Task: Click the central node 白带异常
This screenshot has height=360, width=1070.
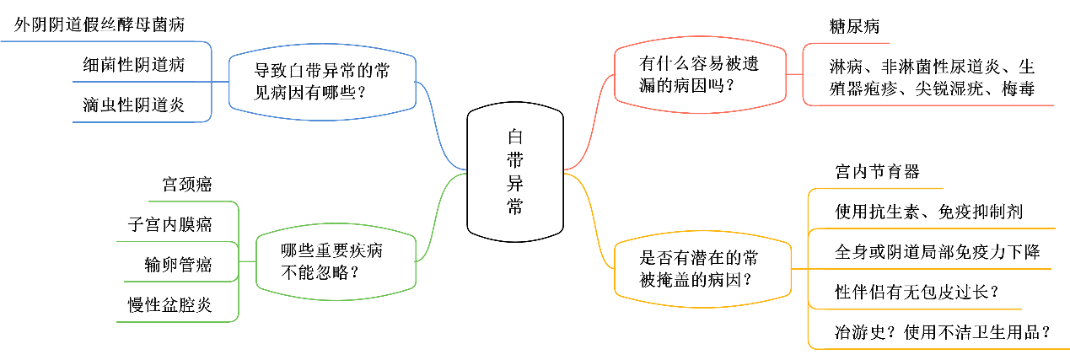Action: click(x=514, y=172)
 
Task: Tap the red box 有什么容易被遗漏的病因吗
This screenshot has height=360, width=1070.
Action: click(x=707, y=74)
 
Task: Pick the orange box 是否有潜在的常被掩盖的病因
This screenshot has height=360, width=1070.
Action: click(x=703, y=268)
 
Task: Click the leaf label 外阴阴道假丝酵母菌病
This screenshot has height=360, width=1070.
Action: click(x=100, y=25)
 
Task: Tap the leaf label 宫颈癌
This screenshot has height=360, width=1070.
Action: click(x=187, y=185)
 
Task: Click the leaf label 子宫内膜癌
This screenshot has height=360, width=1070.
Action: click(x=170, y=225)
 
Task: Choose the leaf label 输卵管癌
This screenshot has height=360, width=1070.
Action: click(x=179, y=266)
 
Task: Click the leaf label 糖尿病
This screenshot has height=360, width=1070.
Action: click(x=854, y=27)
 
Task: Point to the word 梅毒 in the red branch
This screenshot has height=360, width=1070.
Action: click(x=1019, y=89)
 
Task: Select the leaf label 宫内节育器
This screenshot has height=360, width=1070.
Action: click(x=877, y=173)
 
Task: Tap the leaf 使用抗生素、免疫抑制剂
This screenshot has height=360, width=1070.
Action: click(x=928, y=212)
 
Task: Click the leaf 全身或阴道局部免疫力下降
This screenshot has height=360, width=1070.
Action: click(x=937, y=252)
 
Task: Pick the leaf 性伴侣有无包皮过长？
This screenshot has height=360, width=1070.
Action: click(x=917, y=293)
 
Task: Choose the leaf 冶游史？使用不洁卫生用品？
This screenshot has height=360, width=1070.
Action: click(x=941, y=332)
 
